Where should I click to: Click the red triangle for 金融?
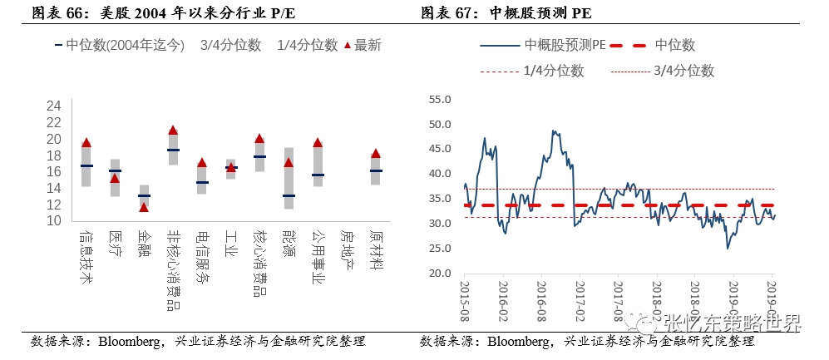(x=144, y=207)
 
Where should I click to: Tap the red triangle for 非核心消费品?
(x=173, y=131)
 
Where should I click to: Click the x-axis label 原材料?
(x=375, y=249)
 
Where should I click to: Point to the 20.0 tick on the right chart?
(x=439, y=273)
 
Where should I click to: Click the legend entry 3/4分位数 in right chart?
(x=684, y=72)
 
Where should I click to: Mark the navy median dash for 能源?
(x=289, y=196)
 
